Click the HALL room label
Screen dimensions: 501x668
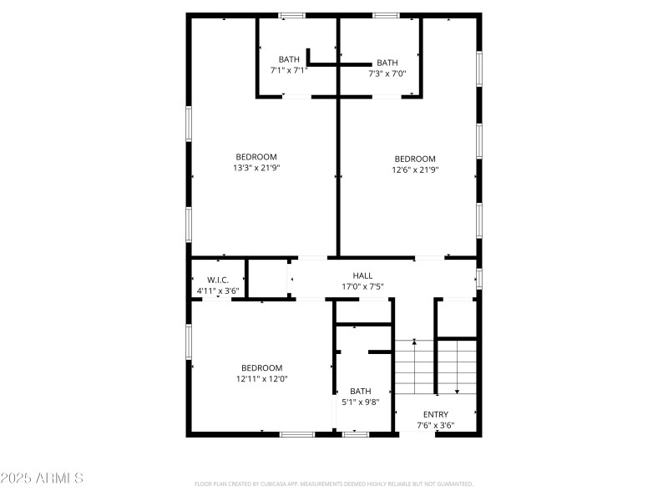(362, 276)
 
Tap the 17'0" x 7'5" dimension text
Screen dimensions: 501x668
(362, 287)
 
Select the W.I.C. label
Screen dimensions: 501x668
(218, 280)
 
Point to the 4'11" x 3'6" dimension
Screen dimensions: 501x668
(218, 291)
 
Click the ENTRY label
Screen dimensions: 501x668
(435, 414)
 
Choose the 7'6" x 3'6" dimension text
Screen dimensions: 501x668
(435, 425)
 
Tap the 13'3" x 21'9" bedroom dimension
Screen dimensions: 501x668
(256, 168)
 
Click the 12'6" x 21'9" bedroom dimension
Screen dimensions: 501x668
(415, 170)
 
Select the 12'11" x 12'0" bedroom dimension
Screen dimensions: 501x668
(261, 378)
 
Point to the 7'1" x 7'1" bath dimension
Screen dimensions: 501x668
(289, 70)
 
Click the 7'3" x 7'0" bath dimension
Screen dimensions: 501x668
(387, 73)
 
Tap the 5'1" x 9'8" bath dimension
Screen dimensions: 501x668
(361, 402)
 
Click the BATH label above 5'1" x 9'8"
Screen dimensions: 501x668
(361, 391)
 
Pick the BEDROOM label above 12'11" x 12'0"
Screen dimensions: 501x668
(261, 367)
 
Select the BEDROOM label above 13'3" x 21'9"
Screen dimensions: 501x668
(256, 156)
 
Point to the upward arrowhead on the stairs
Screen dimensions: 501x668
(414, 342)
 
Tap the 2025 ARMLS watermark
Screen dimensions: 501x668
(42, 478)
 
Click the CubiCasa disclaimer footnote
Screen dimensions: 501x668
(334, 483)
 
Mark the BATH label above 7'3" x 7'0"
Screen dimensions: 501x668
(387, 63)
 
